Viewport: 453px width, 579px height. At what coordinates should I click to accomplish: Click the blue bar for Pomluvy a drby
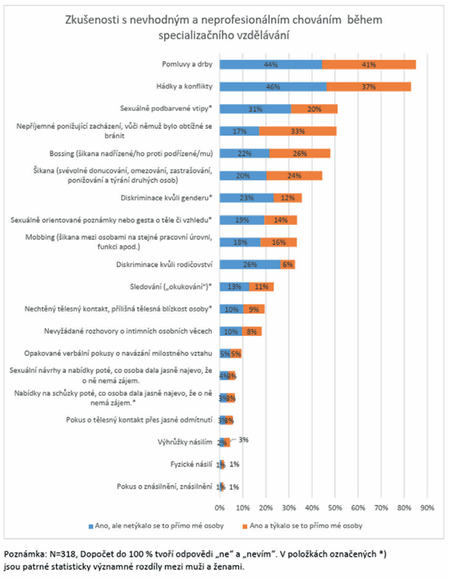point(270,65)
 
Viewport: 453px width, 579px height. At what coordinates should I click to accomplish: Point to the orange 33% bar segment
point(297,132)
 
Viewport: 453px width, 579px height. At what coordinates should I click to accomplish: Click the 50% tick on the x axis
point(335,508)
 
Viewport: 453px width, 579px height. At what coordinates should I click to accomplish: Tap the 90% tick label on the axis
point(427,508)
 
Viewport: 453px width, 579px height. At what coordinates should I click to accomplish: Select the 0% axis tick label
point(219,508)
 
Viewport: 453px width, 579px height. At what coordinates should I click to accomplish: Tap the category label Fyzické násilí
point(188,464)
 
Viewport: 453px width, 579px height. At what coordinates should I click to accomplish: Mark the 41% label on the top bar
point(368,65)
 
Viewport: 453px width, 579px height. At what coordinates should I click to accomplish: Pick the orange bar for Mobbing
point(279,242)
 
